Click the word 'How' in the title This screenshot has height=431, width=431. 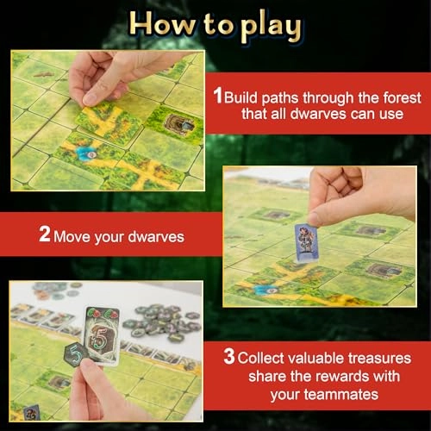click(168, 26)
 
